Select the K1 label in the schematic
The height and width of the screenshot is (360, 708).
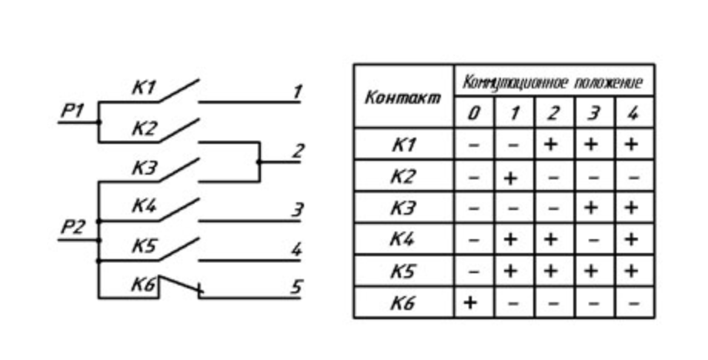pyautogui.click(x=144, y=88)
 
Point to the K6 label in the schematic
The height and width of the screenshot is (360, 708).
pyautogui.click(x=144, y=286)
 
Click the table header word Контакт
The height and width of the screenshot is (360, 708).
pyautogui.click(x=402, y=98)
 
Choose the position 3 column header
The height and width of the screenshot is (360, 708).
pyautogui.click(x=593, y=114)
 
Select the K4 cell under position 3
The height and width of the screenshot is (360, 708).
pyautogui.click(x=593, y=239)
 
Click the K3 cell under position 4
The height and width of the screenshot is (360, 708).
pyautogui.click(x=633, y=208)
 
